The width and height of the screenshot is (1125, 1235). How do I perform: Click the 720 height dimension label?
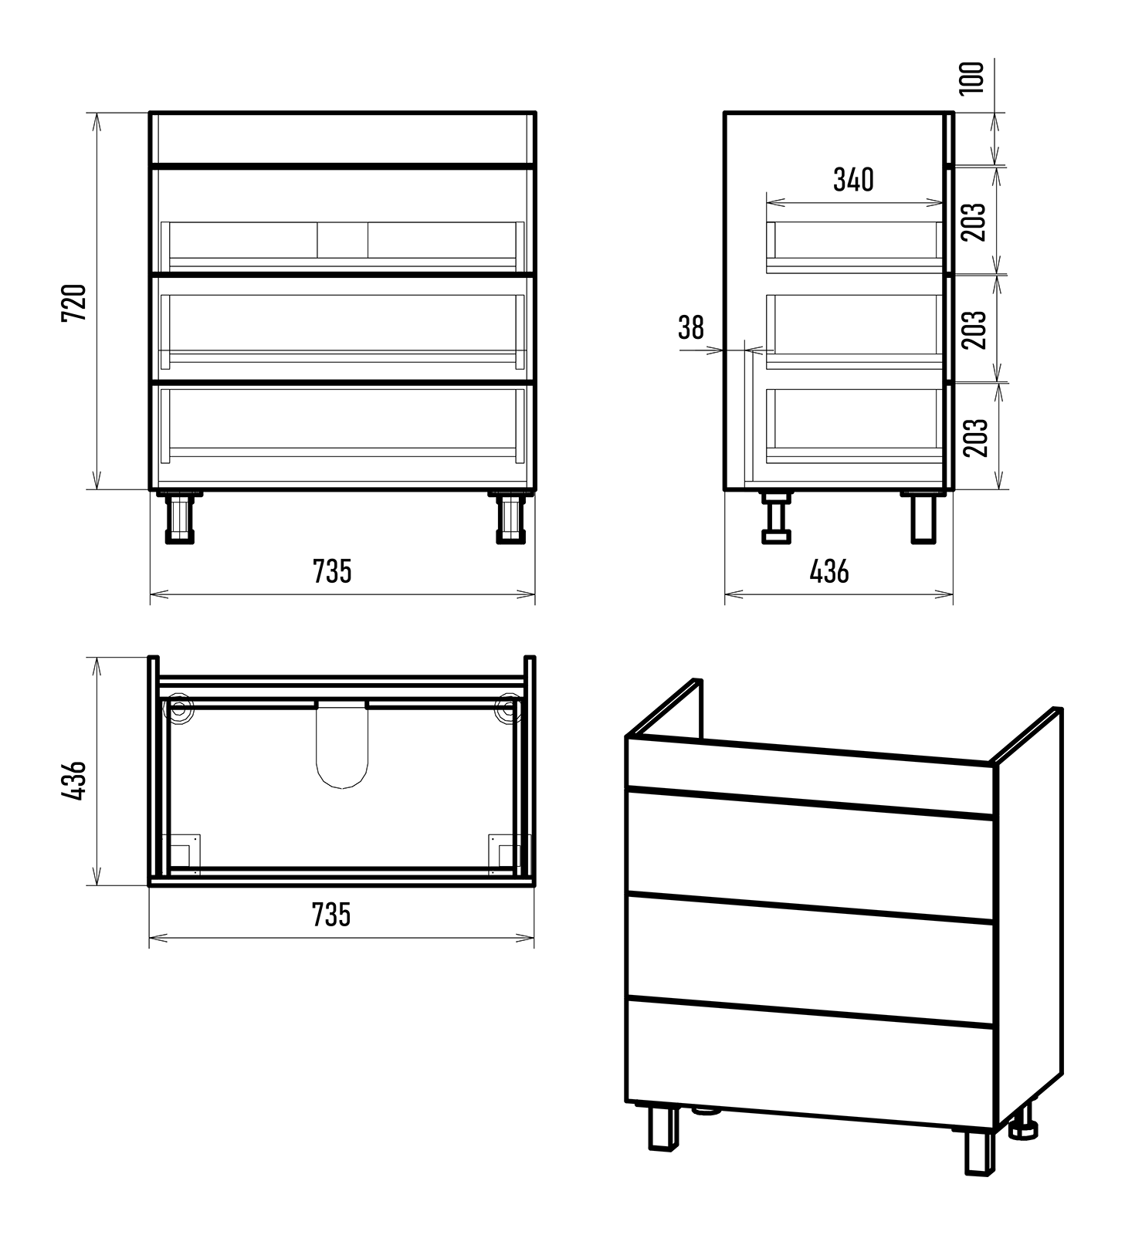click(x=75, y=303)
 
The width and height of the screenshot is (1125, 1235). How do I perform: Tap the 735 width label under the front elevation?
click(x=332, y=571)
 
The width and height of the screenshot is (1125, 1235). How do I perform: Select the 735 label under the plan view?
click(x=332, y=915)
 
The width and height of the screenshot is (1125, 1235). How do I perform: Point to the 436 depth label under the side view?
click(x=829, y=571)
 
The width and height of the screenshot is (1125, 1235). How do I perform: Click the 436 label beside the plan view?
click(x=75, y=780)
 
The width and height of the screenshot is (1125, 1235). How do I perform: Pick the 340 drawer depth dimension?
click(x=854, y=180)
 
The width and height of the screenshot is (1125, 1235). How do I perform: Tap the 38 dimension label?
click(x=691, y=327)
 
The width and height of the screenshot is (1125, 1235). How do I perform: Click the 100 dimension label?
click(x=973, y=78)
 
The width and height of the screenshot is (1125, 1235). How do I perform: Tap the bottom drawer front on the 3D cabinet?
click(x=810, y=1064)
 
